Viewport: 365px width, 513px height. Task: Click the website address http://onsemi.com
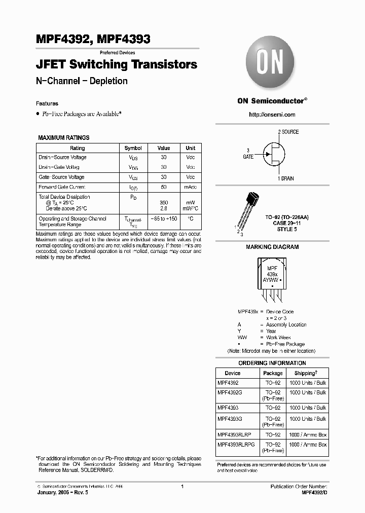pos(272,115)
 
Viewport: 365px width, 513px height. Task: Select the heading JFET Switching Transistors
pos(117,65)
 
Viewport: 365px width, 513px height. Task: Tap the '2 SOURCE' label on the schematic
pos(288,132)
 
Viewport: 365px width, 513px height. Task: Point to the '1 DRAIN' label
pos(285,178)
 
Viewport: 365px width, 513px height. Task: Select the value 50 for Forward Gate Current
pos(163,187)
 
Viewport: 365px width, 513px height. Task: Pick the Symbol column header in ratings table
pos(133,148)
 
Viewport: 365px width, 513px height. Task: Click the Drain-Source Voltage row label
pos(62,158)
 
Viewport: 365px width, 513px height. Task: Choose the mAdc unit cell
pos(190,187)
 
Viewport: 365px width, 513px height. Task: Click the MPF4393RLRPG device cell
pos(236,444)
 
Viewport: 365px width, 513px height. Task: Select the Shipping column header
pos(308,373)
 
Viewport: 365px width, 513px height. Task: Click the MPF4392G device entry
pos(230,392)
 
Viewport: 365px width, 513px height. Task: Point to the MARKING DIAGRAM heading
pos(272,247)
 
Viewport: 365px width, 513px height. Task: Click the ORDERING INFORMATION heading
pos(272,363)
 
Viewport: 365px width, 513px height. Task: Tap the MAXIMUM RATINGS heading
pos(64,137)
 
